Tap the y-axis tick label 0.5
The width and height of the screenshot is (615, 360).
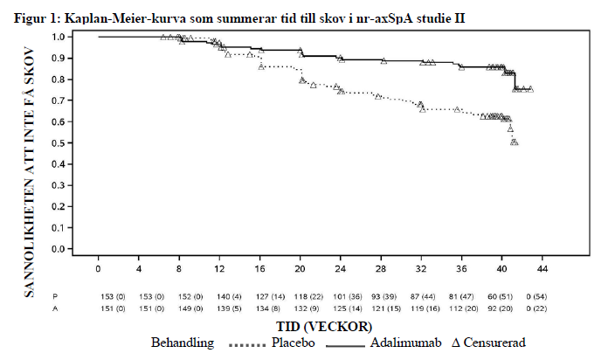[58, 143]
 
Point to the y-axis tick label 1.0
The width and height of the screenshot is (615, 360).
[58, 37]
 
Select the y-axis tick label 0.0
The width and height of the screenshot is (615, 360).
[58, 249]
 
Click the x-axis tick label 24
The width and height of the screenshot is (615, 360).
[341, 267]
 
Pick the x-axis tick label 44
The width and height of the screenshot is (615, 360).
[542, 267]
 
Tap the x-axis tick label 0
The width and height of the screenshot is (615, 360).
[99, 267]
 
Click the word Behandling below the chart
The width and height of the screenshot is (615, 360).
[183, 343]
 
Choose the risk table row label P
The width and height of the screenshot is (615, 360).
[54, 297]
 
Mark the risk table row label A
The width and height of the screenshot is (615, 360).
[54, 308]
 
